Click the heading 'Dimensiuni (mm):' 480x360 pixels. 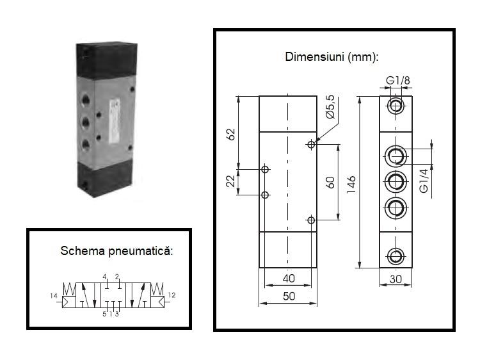332,56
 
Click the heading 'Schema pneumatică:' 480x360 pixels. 108,249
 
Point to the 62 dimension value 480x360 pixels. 232,134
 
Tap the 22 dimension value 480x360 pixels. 231,182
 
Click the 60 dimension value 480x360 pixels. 330,182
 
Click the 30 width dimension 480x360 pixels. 396,279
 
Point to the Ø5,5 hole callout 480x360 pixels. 330,106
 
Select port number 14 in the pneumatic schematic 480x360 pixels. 53,295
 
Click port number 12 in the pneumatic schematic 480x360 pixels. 172,295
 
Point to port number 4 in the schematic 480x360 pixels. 104,277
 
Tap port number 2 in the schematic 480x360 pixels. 117,277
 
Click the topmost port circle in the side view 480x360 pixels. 396,106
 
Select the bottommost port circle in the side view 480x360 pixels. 396,256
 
